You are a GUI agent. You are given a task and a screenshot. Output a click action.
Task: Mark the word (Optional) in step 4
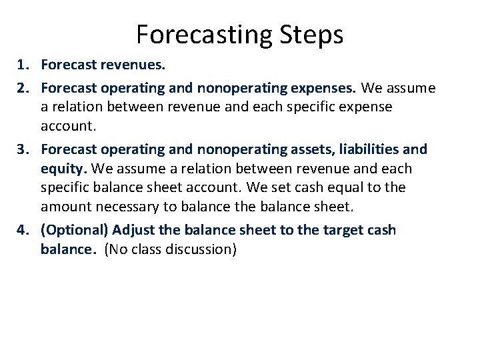[74, 230]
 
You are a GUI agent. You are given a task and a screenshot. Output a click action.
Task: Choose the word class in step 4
[145, 250]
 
